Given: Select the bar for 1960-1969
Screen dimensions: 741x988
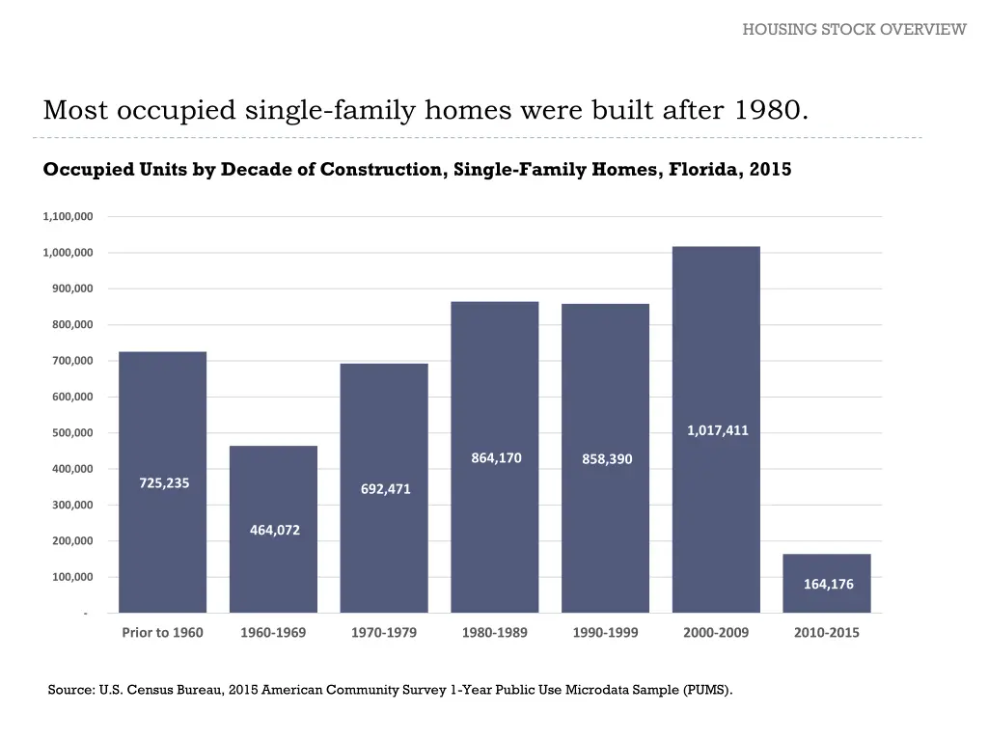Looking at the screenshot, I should click(x=273, y=569).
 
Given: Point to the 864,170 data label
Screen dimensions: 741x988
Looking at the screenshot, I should click(x=496, y=457).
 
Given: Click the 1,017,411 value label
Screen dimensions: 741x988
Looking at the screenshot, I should click(x=717, y=430).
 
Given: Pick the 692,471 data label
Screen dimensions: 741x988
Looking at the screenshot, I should click(x=386, y=489).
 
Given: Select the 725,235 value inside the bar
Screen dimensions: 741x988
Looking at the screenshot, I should click(x=164, y=483).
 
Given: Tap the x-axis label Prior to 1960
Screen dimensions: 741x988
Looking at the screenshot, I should click(x=162, y=633).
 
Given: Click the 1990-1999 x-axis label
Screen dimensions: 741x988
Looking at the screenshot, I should click(x=605, y=633).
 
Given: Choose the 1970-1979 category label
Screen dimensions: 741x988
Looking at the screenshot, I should click(x=384, y=633).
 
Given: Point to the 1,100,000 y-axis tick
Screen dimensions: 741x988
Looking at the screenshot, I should click(x=68, y=216).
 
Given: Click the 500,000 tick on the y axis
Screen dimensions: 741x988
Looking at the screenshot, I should click(x=71, y=433).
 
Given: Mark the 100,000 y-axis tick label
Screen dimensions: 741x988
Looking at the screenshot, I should click(x=71, y=577).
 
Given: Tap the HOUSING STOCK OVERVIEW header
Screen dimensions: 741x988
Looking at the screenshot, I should click(x=854, y=29).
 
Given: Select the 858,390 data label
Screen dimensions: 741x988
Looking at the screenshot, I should click(x=607, y=459).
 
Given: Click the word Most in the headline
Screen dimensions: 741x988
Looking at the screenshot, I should click(x=76, y=110).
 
